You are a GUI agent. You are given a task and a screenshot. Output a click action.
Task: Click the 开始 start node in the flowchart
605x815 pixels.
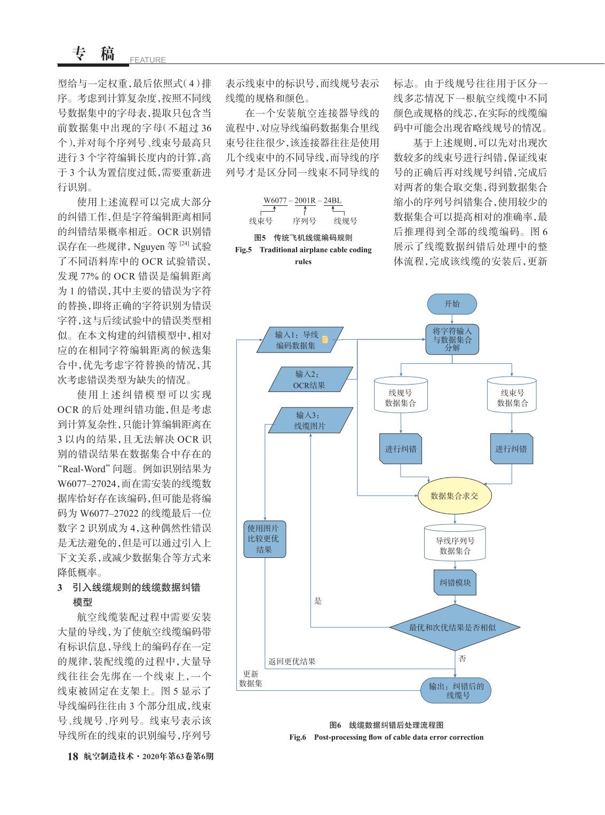(x=452, y=304)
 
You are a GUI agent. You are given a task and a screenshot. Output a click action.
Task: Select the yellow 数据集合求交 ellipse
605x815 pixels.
(x=455, y=496)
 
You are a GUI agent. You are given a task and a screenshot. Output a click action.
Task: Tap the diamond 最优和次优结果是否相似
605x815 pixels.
(x=455, y=627)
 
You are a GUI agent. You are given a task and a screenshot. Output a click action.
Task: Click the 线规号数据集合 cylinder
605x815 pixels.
(x=401, y=395)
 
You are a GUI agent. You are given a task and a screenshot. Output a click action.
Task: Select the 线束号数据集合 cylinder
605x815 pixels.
(x=512, y=395)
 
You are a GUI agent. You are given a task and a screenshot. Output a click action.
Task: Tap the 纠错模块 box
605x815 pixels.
(x=455, y=582)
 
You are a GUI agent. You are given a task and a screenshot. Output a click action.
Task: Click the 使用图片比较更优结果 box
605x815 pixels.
(x=265, y=539)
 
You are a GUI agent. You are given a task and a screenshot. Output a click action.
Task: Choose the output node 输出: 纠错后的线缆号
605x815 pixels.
(x=456, y=690)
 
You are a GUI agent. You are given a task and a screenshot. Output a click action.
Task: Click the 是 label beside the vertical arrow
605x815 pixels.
(x=318, y=601)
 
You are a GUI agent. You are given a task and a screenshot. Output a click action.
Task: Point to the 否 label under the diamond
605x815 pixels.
(x=463, y=658)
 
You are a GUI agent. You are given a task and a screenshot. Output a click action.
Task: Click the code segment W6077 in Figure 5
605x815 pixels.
(x=275, y=201)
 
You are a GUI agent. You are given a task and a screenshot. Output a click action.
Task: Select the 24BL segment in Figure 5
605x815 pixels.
(x=332, y=201)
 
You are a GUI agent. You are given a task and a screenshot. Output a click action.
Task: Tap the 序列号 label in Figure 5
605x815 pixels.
(x=304, y=221)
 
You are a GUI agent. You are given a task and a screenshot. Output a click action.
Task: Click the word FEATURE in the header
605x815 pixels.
(x=147, y=60)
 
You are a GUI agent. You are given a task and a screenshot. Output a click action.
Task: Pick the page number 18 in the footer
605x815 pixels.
(x=73, y=756)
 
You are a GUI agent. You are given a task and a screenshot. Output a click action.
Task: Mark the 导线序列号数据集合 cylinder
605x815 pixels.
(x=455, y=543)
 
